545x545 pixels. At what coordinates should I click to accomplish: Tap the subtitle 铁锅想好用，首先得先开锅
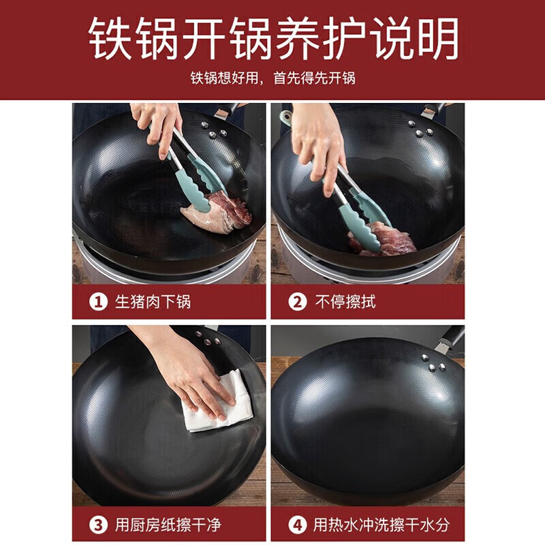click(272, 78)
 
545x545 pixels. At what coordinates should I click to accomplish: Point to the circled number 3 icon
click(99, 525)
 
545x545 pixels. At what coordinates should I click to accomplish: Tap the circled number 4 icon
click(297, 525)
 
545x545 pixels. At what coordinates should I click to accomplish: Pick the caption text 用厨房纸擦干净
click(168, 525)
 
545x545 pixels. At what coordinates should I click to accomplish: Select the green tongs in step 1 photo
click(198, 170)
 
